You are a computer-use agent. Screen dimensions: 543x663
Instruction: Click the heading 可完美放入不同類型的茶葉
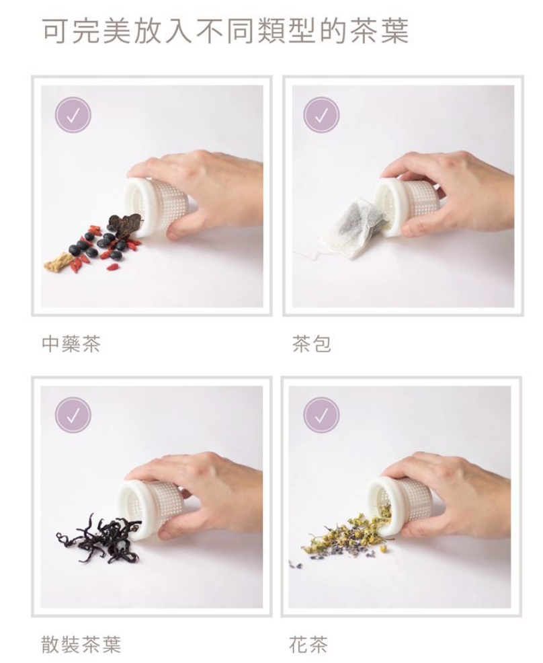tap(226, 31)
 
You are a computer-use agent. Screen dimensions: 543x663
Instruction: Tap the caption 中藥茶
tap(71, 344)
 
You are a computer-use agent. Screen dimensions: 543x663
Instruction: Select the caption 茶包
tap(311, 344)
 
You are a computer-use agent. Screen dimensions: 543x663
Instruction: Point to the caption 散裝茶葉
tap(81, 644)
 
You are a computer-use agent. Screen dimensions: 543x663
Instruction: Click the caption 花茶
tap(308, 644)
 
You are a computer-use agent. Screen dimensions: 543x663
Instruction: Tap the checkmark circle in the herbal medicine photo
tap(73, 114)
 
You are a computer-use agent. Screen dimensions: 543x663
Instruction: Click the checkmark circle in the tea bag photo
tap(321, 114)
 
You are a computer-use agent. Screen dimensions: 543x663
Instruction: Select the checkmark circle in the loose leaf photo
tap(73, 415)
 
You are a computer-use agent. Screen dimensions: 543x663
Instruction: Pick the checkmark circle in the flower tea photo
tap(321, 415)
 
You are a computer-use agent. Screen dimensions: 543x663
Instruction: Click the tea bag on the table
tap(354, 229)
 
